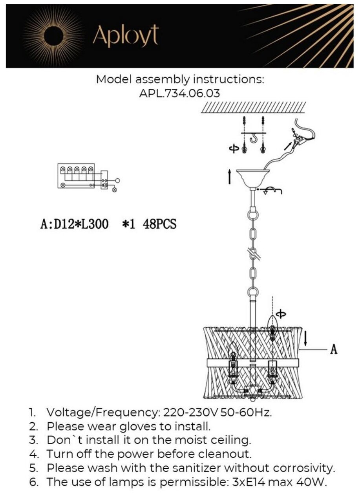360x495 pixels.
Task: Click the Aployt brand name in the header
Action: pyautogui.click(x=125, y=36)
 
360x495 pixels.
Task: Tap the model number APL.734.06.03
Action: pyautogui.click(x=180, y=93)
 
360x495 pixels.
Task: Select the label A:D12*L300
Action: pyautogui.click(x=75, y=225)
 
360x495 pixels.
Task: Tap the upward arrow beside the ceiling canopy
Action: pyautogui.click(x=230, y=177)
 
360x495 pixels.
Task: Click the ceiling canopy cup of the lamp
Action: pyautogui.click(x=253, y=177)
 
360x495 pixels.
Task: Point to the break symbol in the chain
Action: pyautogui.click(x=253, y=255)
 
